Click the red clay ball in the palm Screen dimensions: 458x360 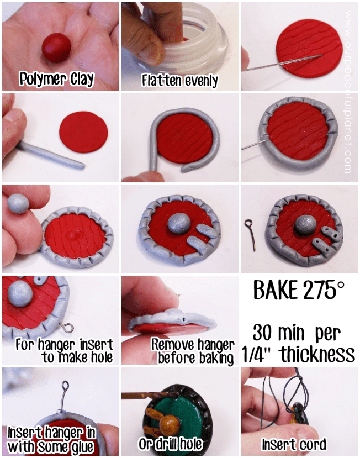coord(57,46)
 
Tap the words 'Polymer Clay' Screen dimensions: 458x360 coord(57,79)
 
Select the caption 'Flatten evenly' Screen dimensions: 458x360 coord(180,81)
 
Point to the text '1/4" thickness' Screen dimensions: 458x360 coord(299,354)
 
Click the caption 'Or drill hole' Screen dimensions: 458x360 coord(171,443)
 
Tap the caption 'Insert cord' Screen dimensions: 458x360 coord(294,444)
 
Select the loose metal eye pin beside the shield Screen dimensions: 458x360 coord(251,232)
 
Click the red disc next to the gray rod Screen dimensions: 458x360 coord(83,132)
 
